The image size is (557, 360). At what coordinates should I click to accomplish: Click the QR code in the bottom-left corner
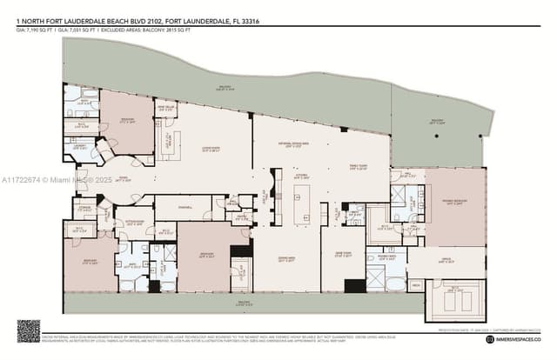coord(29,331)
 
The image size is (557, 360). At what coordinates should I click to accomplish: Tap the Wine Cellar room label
coord(165,110)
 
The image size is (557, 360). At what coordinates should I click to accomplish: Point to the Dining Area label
coord(287,258)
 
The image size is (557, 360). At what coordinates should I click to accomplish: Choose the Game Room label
coord(344,255)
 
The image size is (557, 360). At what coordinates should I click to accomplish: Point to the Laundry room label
coord(81,146)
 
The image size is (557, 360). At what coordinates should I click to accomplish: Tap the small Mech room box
coord(416,285)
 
